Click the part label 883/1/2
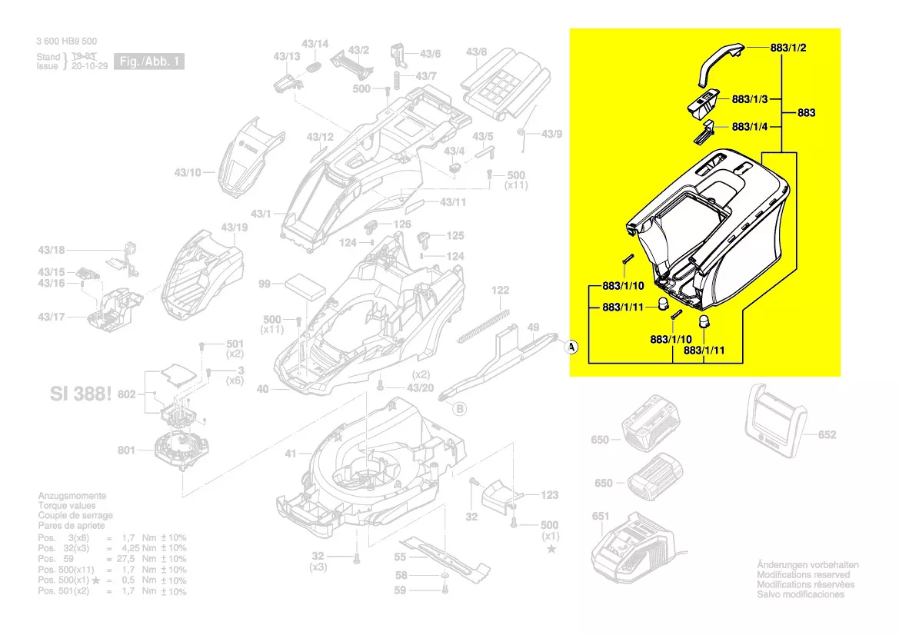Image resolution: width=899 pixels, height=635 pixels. (x=788, y=48)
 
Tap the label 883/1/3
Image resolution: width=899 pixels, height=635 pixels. (x=751, y=99)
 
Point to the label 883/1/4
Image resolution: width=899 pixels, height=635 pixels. (x=751, y=127)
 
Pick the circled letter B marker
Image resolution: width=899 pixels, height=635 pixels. (x=460, y=409)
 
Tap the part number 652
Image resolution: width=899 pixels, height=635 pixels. (x=827, y=435)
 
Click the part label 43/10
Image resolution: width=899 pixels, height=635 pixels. (x=186, y=172)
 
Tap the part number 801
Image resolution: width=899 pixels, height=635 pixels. (x=127, y=450)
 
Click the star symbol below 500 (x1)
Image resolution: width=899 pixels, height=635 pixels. (x=551, y=549)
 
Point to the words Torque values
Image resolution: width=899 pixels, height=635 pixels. (x=68, y=506)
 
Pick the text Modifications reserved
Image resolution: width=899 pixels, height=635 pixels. (x=804, y=575)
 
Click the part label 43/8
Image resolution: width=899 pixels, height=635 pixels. (x=476, y=52)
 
